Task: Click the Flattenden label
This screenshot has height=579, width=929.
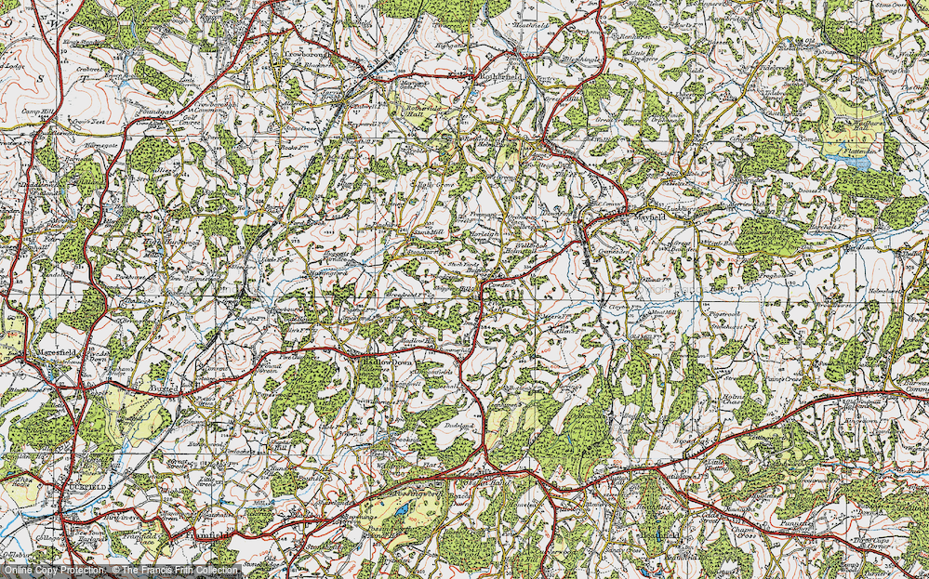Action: tap(856, 146)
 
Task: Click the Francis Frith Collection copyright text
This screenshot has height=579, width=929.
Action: tap(177, 570)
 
